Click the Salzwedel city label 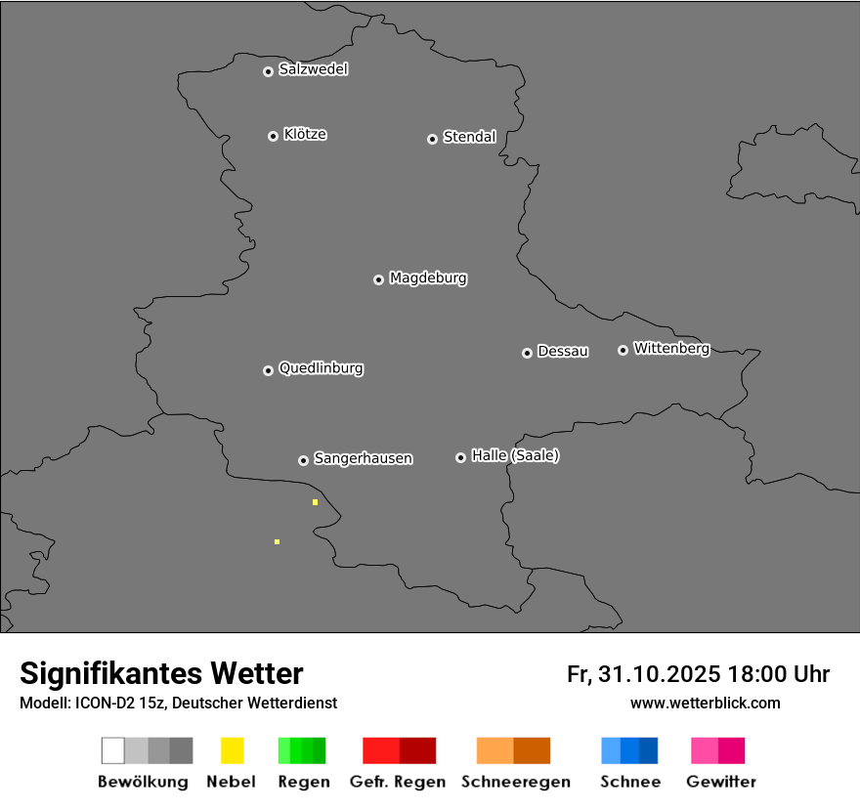pos(313,69)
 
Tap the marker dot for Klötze pos(273,136)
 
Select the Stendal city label pos(469,137)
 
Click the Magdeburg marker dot pos(378,279)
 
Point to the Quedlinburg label pos(321,368)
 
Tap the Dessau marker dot pos(527,353)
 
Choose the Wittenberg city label pos(671,348)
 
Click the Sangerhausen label pos(363,458)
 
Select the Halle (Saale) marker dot pos(460,457)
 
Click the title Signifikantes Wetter pos(161,673)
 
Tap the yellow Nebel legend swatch pos(232,750)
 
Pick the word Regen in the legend pos(303,782)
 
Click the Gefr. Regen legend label pos(397,782)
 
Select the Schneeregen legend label pos(515,782)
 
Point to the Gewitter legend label pos(721,782)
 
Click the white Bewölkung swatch pos(113,750)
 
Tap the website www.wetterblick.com pos(705,703)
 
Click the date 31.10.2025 pos(659,674)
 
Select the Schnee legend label pos(630,782)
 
